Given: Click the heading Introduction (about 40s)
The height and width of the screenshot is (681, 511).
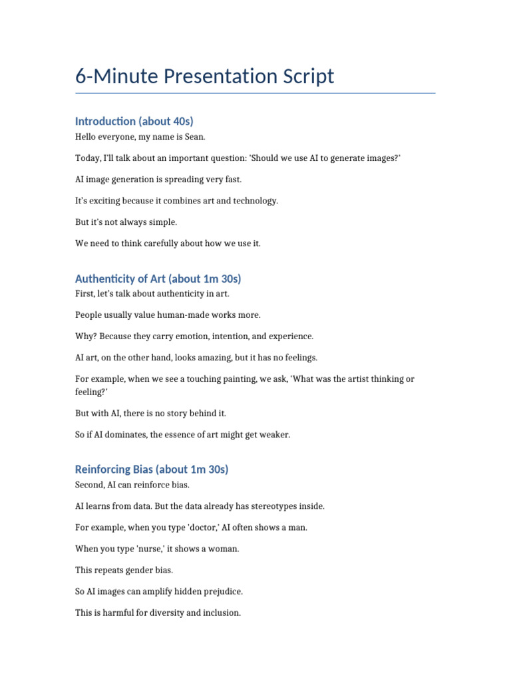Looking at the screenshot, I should pos(134,121).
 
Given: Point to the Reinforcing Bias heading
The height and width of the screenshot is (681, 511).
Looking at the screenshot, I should pos(152,470).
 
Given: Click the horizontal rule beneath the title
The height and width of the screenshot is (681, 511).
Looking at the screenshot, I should pos(255,94).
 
